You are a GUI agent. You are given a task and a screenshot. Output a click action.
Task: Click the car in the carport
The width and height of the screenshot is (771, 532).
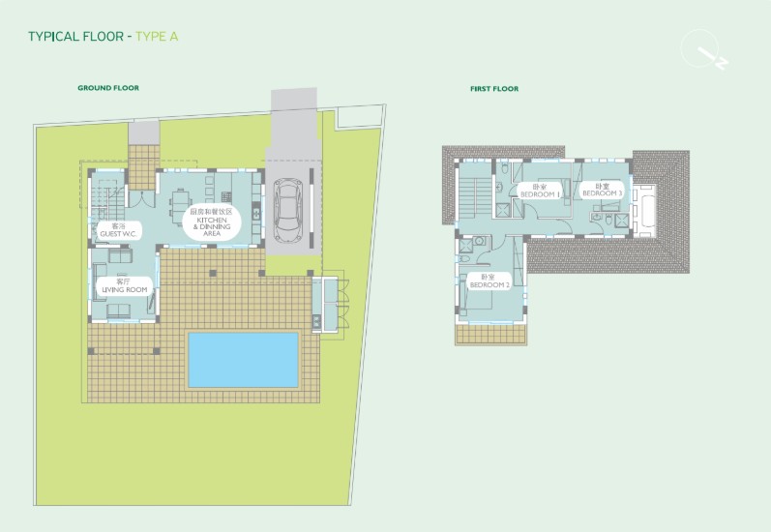coord(287,207)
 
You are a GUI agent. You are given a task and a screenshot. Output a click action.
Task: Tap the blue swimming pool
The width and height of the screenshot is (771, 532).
coord(243,359)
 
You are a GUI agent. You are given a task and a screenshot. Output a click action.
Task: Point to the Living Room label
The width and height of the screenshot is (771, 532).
coord(124,285)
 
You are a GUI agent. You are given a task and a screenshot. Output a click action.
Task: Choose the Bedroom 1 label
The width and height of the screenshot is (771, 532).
coord(540,191)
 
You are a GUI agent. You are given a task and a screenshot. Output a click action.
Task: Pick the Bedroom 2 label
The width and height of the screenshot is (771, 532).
coord(489,282)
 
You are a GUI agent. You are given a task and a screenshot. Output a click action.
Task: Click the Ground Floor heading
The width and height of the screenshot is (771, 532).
coord(108,88)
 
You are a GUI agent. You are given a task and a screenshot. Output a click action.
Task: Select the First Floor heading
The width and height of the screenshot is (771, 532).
coord(494,89)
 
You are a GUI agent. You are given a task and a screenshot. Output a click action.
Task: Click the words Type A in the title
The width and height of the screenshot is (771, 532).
coord(157,37)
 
